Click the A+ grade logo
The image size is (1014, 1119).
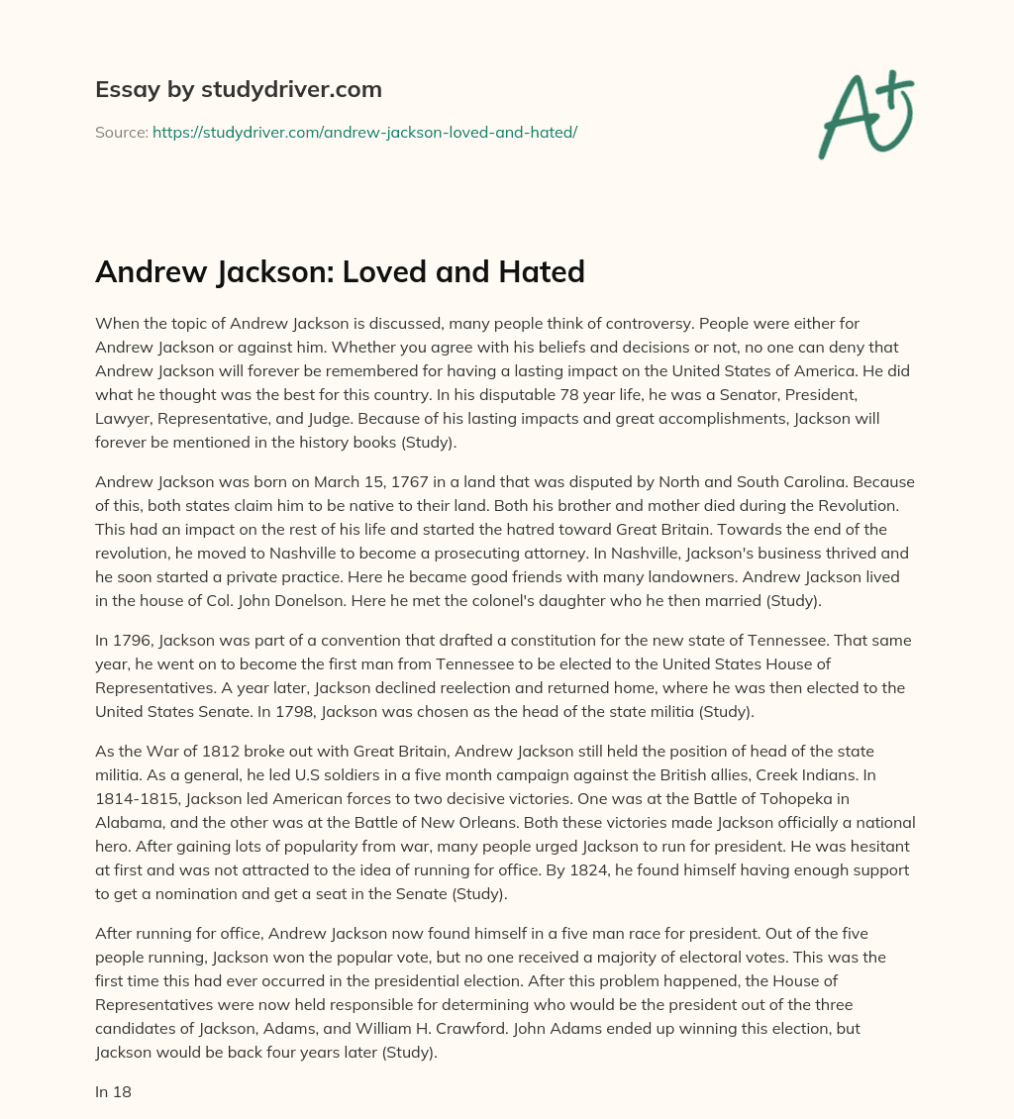864,115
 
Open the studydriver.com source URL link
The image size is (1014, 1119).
364,132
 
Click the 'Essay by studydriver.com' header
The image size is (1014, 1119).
238,89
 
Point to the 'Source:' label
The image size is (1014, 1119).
121,132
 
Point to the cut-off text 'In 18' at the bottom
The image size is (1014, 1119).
113,1091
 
